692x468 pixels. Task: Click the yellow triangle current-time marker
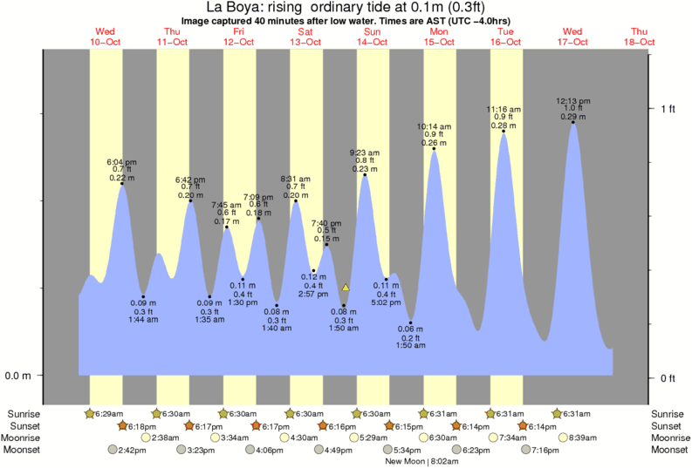point(346,287)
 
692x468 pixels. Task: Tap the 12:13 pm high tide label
point(573,101)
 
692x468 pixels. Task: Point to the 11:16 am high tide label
point(504,110)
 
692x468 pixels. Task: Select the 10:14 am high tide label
point(435,127)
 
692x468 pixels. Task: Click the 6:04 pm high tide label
point(121,162)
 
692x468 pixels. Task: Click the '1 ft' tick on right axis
point(668,108)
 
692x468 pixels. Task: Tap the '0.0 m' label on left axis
point(19,376)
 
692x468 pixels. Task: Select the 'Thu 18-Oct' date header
point(640,37)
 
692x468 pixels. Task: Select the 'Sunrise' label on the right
point(668,413)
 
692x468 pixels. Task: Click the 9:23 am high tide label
point(365,153)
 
